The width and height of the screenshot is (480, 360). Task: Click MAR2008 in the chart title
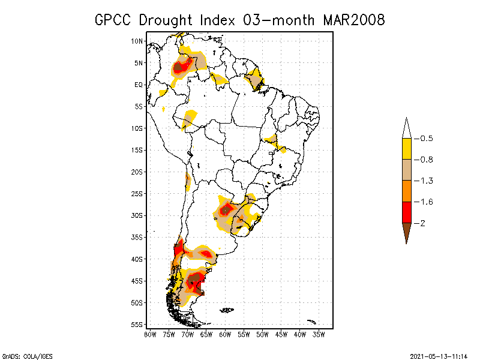(353, 20)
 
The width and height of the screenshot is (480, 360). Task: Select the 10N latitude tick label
(137, 41)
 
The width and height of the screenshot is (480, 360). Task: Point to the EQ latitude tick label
(139, 85)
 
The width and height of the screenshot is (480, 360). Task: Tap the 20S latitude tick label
(137, 172)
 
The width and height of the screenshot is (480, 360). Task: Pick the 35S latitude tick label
(137, 237)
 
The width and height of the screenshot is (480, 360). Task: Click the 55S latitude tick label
(137, 325)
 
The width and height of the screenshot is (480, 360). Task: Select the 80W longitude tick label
(150, 334)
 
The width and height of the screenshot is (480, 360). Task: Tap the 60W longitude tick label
(225, 334)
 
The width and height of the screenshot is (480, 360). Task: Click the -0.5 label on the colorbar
(426, 139)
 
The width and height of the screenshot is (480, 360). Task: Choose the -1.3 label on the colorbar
(426, 181)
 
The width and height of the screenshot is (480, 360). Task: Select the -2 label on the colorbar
(422, 223)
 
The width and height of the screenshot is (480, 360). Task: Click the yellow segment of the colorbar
(406, 149)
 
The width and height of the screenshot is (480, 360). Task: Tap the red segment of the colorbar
(406, 212)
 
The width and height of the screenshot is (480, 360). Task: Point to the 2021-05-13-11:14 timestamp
(438, 355)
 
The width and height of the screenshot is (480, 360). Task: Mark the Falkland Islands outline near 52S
(227, 310)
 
